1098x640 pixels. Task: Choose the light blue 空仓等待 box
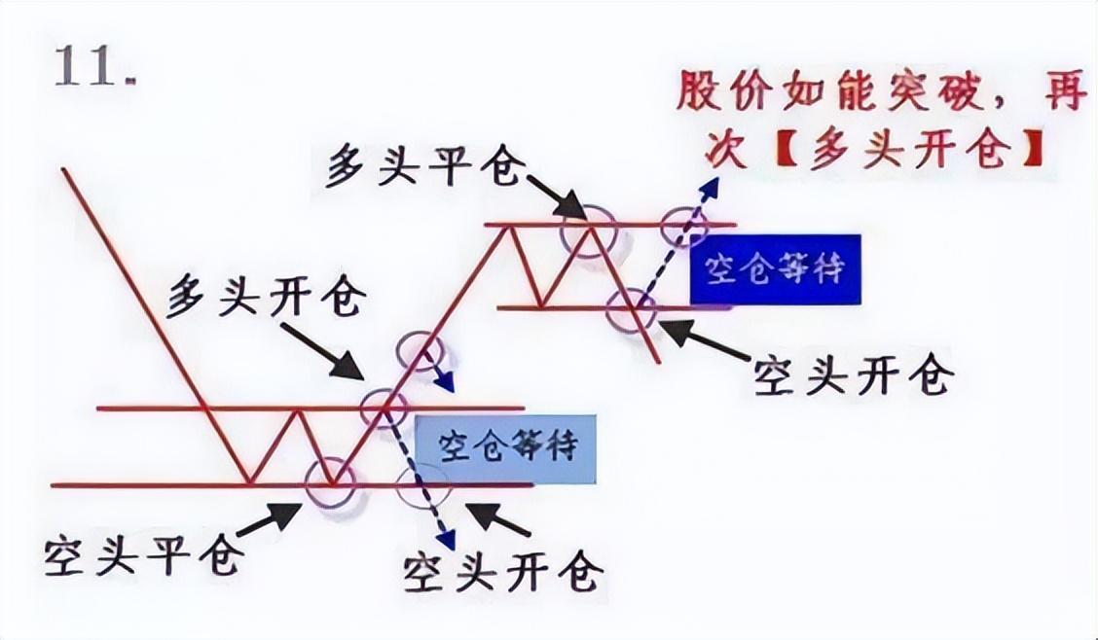506,448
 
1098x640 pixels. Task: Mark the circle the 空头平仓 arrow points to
332,480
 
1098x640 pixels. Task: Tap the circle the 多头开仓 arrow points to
384,407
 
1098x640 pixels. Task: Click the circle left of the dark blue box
632,307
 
